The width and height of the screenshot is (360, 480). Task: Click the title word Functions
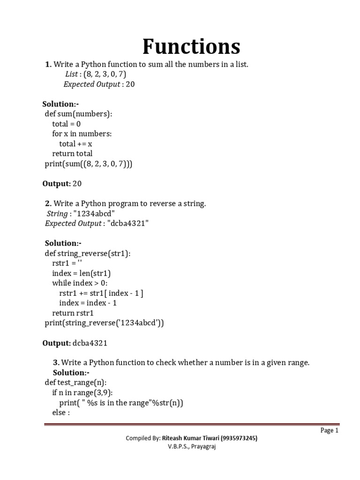coord(191,47)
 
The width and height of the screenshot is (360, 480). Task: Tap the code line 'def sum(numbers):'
coord(78,113)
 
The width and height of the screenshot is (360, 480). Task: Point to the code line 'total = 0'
coord(67,124)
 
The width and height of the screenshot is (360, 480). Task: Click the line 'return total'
coord(72,153)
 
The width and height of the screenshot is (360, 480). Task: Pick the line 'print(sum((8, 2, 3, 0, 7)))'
coord(89,164)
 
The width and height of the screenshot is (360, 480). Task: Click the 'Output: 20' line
coord(62,184)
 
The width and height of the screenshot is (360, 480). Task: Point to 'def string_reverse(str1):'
coord(88,253)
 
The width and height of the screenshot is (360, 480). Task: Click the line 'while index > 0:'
coord(80,283)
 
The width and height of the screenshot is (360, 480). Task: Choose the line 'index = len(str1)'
coord(82,273)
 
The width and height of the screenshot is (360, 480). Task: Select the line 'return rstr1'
coord(73,313)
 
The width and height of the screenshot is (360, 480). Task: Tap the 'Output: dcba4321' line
coord(75,343)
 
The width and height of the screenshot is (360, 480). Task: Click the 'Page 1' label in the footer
coord(329,430)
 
